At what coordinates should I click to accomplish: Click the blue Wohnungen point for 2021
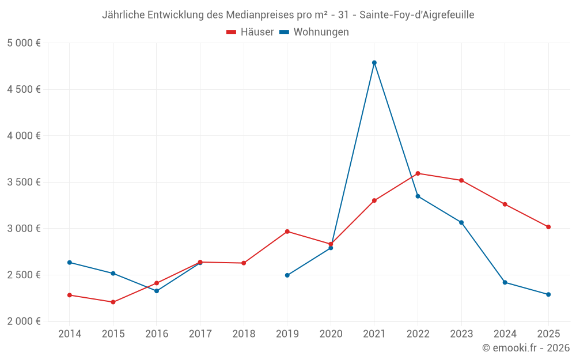tap(374, 63)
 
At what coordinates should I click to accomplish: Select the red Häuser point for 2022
tap(418, 173)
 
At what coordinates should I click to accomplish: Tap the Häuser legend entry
tap(250, 32)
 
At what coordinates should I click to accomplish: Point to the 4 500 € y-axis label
tap(24, 89)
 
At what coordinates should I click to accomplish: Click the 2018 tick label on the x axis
tap(244, 334)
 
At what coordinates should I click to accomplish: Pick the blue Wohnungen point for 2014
tap(70, 263)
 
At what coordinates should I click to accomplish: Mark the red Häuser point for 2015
tap(113, 302)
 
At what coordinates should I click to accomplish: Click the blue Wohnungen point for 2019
tap(287, 275)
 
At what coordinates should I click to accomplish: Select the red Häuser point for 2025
tap(548, 227)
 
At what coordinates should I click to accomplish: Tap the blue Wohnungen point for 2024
tap(505, 282)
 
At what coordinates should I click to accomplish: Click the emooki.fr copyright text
tap(525, 348)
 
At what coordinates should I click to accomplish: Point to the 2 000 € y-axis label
tap(24, 321)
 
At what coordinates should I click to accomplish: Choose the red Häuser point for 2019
tap(287, 232)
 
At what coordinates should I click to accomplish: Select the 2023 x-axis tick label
tap(461, 334)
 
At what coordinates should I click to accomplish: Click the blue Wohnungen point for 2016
tap(157, 291)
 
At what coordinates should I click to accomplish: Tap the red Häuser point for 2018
tap(244, 263)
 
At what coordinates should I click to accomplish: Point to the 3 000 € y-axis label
tap(24, 229)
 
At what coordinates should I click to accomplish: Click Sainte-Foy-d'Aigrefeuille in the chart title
tap(416, 15)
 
